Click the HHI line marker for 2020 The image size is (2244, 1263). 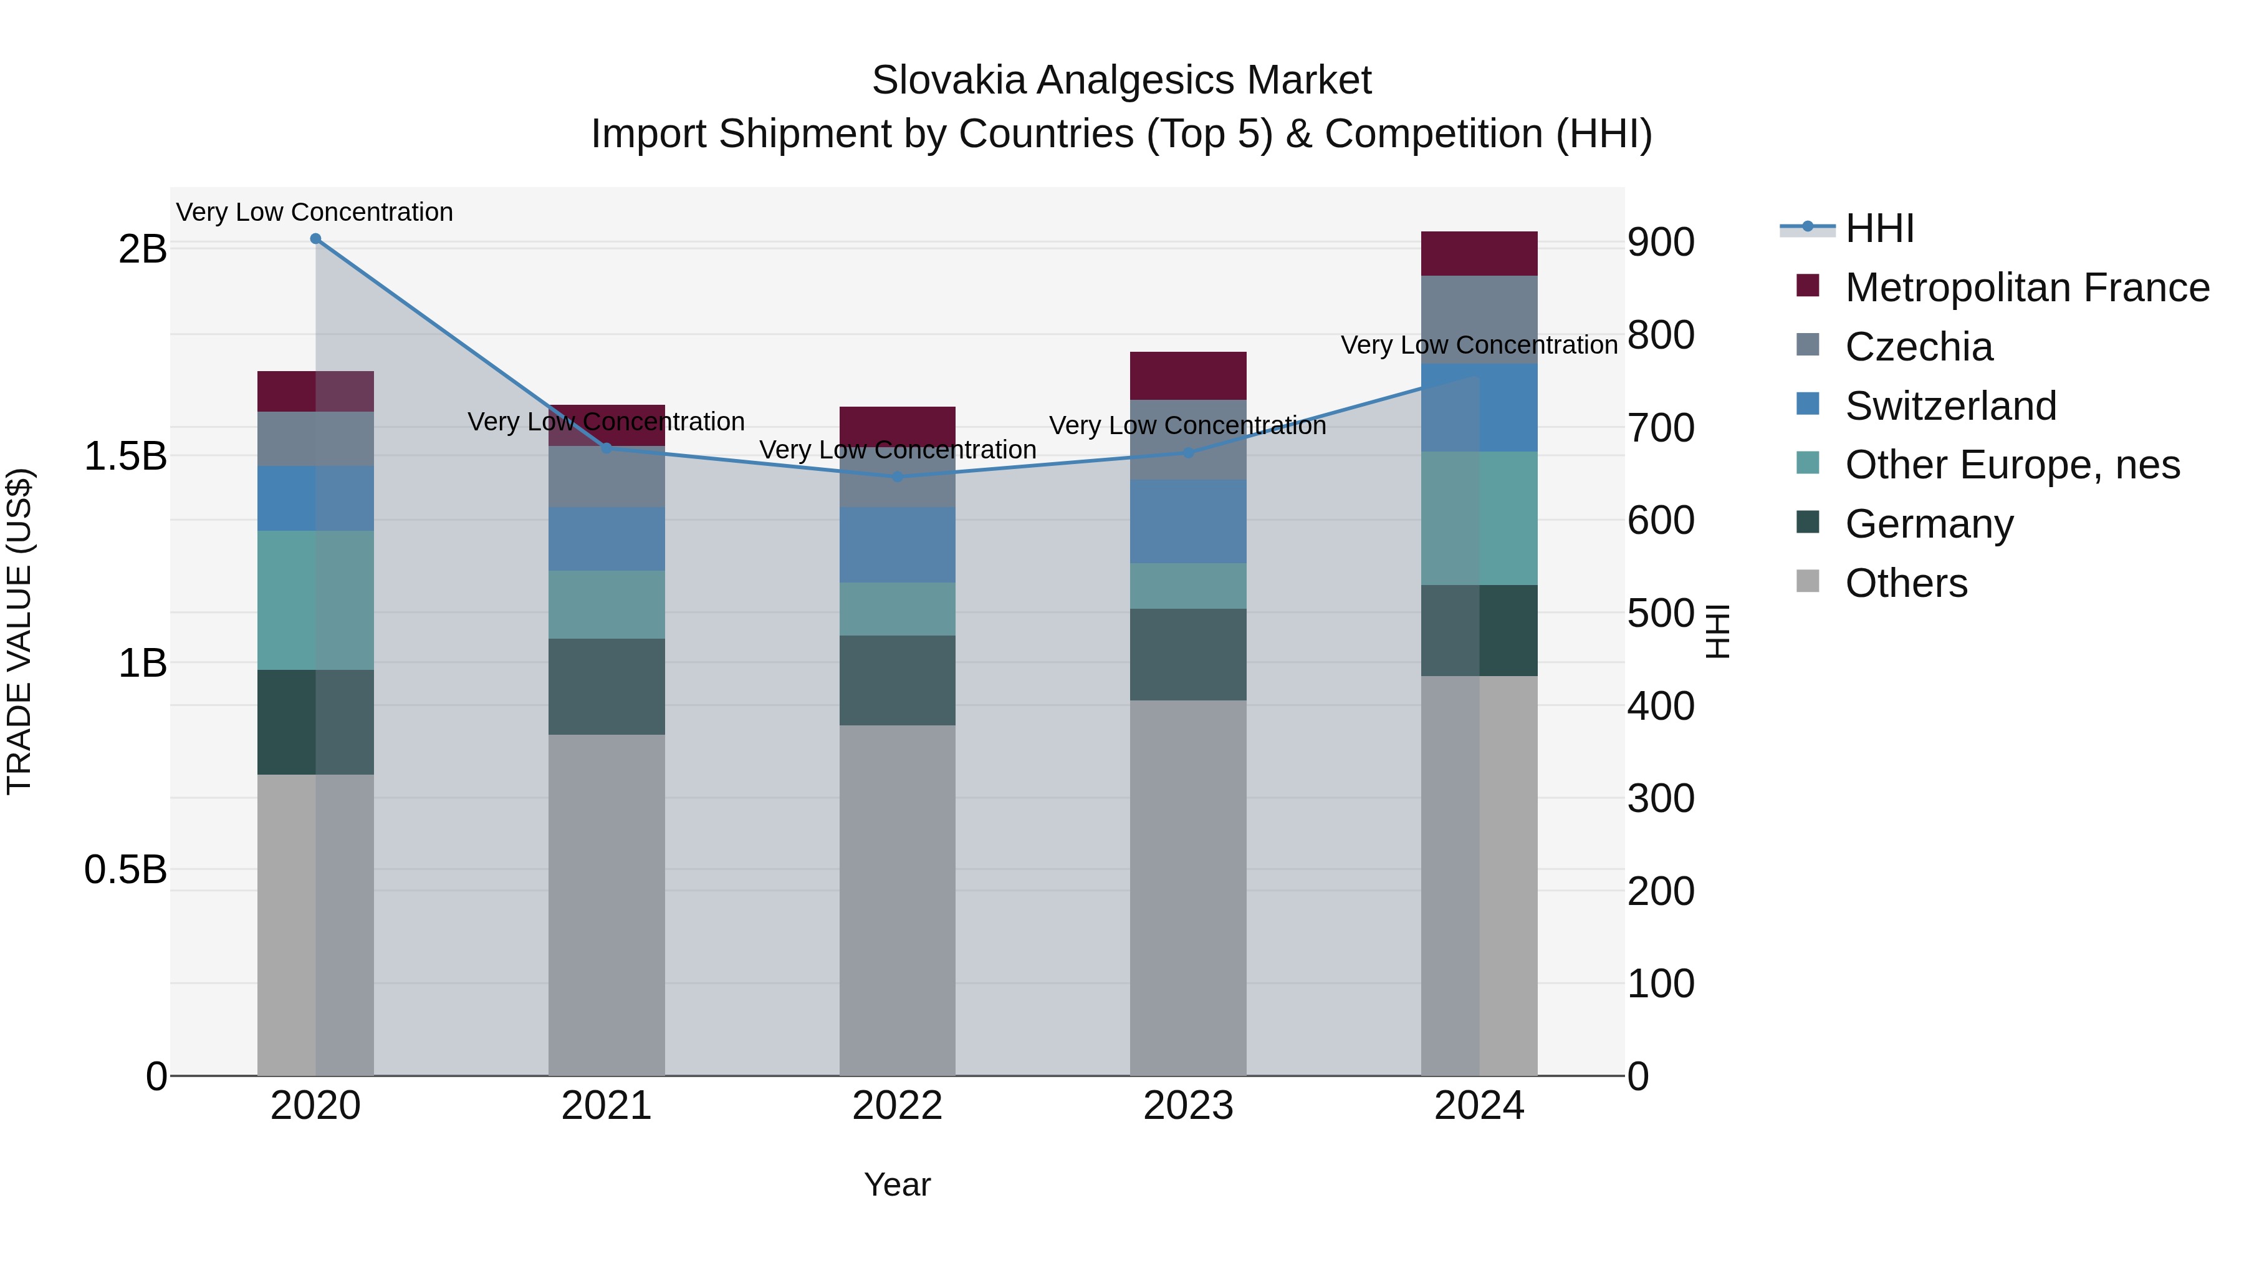(315, 239)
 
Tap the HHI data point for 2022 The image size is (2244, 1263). (897, 477)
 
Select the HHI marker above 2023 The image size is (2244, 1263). (1188, 452)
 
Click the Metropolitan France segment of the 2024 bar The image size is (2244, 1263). (1479, 254)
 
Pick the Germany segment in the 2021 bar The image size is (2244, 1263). (607, 686)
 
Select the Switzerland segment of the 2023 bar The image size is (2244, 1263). (1188, 521)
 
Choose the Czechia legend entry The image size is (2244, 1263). (1917, 347)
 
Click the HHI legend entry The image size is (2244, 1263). (1879, 228)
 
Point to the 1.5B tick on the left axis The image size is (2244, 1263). (125, 456)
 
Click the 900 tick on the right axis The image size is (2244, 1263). (1661, 243)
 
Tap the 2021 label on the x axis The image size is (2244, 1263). (607, 1106)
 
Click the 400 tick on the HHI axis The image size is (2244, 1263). (1661, 706)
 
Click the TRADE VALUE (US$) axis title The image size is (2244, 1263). (19, 631)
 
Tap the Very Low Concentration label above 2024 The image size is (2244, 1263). (1479, 345)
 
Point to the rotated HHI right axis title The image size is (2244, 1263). (1717, 631)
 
